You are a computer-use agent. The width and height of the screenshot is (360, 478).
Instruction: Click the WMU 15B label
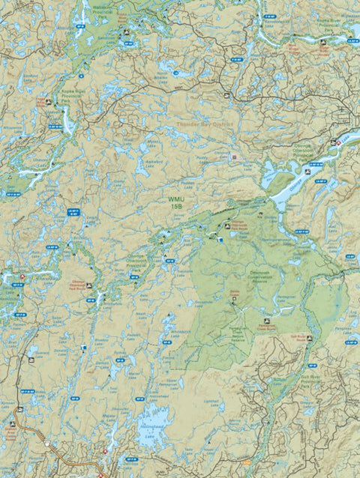(x=175, y=202)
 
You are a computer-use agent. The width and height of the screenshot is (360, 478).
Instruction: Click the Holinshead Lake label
(x=154, y=435)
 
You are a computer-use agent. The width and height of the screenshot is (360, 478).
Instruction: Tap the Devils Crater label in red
(x=233, y=291)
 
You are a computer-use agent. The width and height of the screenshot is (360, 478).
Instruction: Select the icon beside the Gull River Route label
(x=308, y=339)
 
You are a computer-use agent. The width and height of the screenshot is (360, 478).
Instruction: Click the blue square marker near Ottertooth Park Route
(x=220, y=240)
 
